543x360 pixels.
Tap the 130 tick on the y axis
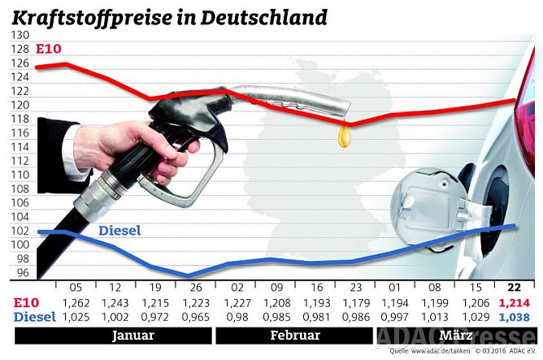[20, 36]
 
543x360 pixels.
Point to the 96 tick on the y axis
[22, 273]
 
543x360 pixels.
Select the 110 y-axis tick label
[20, 175]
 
